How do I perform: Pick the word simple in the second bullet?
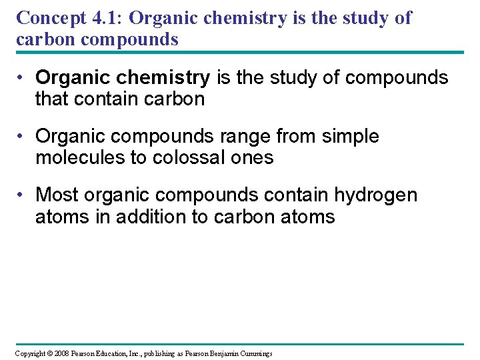350,137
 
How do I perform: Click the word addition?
151,217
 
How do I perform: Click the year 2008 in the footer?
60,353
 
